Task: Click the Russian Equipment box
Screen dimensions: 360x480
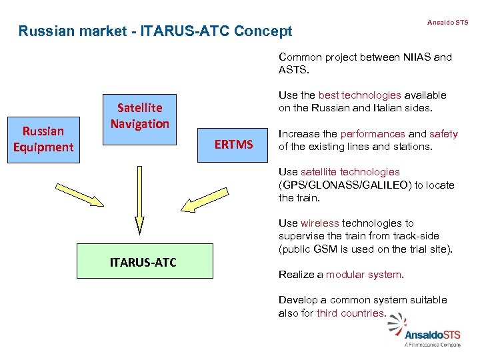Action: (x=43, y=139)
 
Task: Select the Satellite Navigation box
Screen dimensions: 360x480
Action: (x=139, y=115)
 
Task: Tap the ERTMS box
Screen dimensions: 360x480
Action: (x=233, y=145)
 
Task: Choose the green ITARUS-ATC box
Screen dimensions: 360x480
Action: (x=143, y=261)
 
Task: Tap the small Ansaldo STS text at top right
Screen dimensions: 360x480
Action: (x=447, y=23)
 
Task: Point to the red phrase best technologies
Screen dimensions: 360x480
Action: (x=359, y=95)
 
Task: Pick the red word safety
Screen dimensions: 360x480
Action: (x=443, y=134)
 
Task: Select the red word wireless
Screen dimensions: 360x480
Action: (x=320, y=223)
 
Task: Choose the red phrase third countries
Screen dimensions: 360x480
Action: (x=351, y=313)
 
